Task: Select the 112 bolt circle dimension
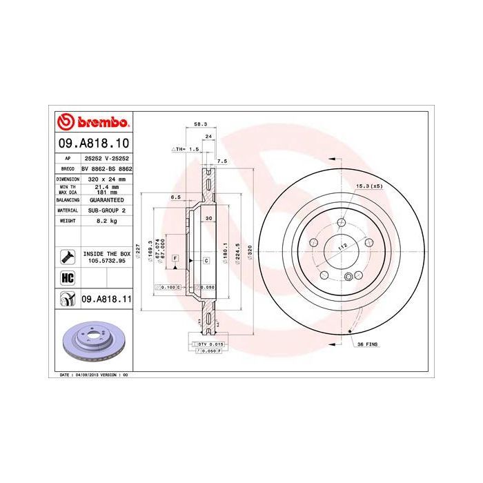click(x=340, y=246)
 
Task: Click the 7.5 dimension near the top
click(x=221, y=161)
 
